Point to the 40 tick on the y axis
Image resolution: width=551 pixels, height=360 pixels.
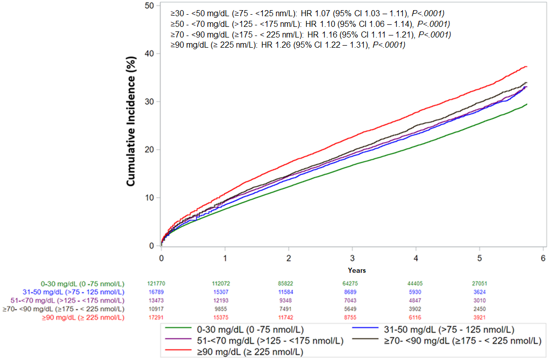(149, 53)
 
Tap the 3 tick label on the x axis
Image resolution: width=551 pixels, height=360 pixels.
(352, 258)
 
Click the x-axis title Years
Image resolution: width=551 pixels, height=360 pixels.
(357, 271)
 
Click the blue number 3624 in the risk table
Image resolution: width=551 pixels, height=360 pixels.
(480, 292)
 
